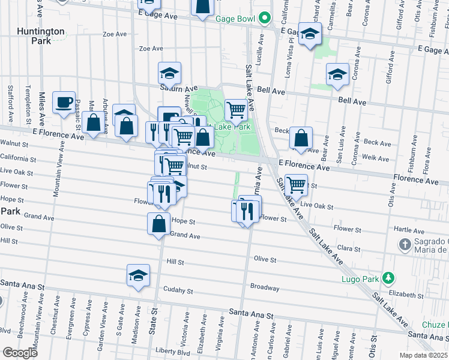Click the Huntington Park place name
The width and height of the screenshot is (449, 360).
click(41, 36)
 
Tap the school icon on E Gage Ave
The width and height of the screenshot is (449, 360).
click(310, 35)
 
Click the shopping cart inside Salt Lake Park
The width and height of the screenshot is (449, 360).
click(237, 110)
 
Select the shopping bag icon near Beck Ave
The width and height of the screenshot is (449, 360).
click(301, 137)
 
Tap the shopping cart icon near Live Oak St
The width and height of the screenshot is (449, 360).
click(296, 184)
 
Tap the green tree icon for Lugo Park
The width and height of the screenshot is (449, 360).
click(389, 278)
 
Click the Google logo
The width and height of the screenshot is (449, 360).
click(20, 352)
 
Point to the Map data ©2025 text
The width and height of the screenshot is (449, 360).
click(424, 355)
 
